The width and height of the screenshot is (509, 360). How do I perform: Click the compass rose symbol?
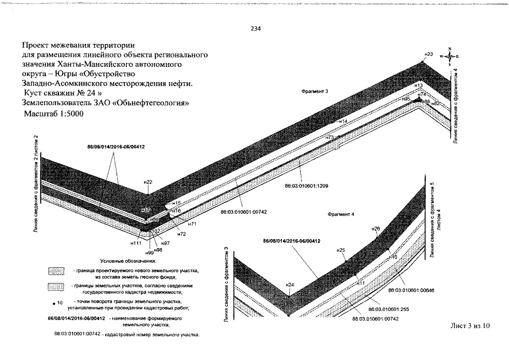[450, 56]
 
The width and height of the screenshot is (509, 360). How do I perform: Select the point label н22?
[148, 182]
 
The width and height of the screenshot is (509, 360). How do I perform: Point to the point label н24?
[289, 285]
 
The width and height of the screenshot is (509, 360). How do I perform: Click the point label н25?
[340, 249]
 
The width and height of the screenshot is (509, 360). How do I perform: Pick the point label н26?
[376, 228]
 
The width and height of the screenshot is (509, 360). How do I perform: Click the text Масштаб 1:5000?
[55, 114]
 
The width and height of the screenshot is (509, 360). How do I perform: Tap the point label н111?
[136, 243]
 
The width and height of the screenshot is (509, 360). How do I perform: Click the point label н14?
[343, 121]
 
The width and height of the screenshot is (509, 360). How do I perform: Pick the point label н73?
[330, 137]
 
